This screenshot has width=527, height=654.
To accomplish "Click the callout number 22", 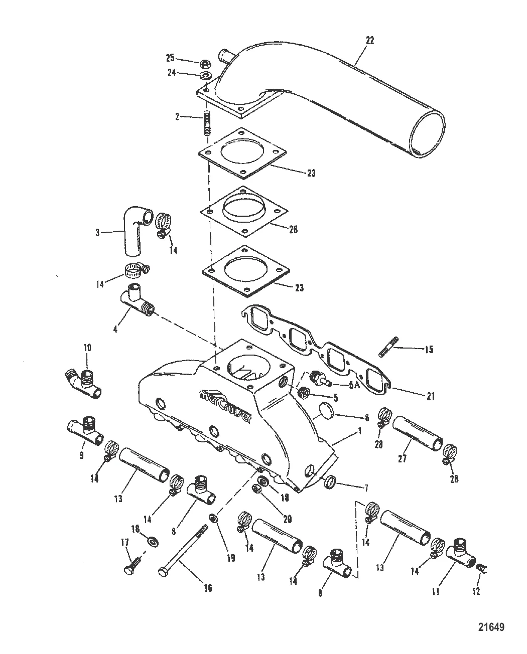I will [x=369, y=41].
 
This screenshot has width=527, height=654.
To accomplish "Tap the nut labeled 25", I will [x=205, y=64].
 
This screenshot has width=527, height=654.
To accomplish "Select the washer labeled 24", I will [x=205, y=76].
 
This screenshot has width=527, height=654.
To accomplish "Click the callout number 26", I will [x=294, y=229].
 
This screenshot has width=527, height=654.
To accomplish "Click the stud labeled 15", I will [x=389, y=347].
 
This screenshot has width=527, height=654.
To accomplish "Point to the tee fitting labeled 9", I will [x=86, y=431].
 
